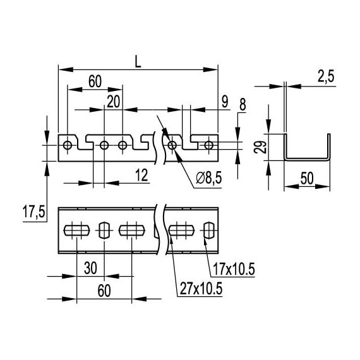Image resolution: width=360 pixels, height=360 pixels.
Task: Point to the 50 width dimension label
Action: pyautogui.click(x=307, y=179)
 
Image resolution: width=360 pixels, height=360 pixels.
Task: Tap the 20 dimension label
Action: pyautogui.click(x=113, y=102)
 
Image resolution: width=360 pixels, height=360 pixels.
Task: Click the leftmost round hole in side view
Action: pyautogui.click(x=67, y=145)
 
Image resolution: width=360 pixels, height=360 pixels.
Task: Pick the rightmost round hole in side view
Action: pyautogui.click(x=209, y=145)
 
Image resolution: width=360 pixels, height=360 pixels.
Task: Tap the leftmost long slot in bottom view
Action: pyautogui.click(x=77, y=229)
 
